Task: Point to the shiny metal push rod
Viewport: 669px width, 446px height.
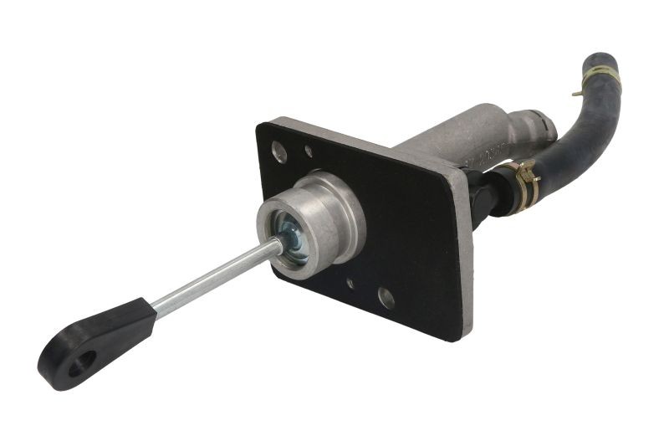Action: [217, 278]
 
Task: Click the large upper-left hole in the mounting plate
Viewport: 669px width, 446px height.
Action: [280, 152]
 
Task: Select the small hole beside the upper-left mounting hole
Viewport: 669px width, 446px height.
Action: [309, 151]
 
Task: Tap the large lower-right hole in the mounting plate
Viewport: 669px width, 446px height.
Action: [386, 296]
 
